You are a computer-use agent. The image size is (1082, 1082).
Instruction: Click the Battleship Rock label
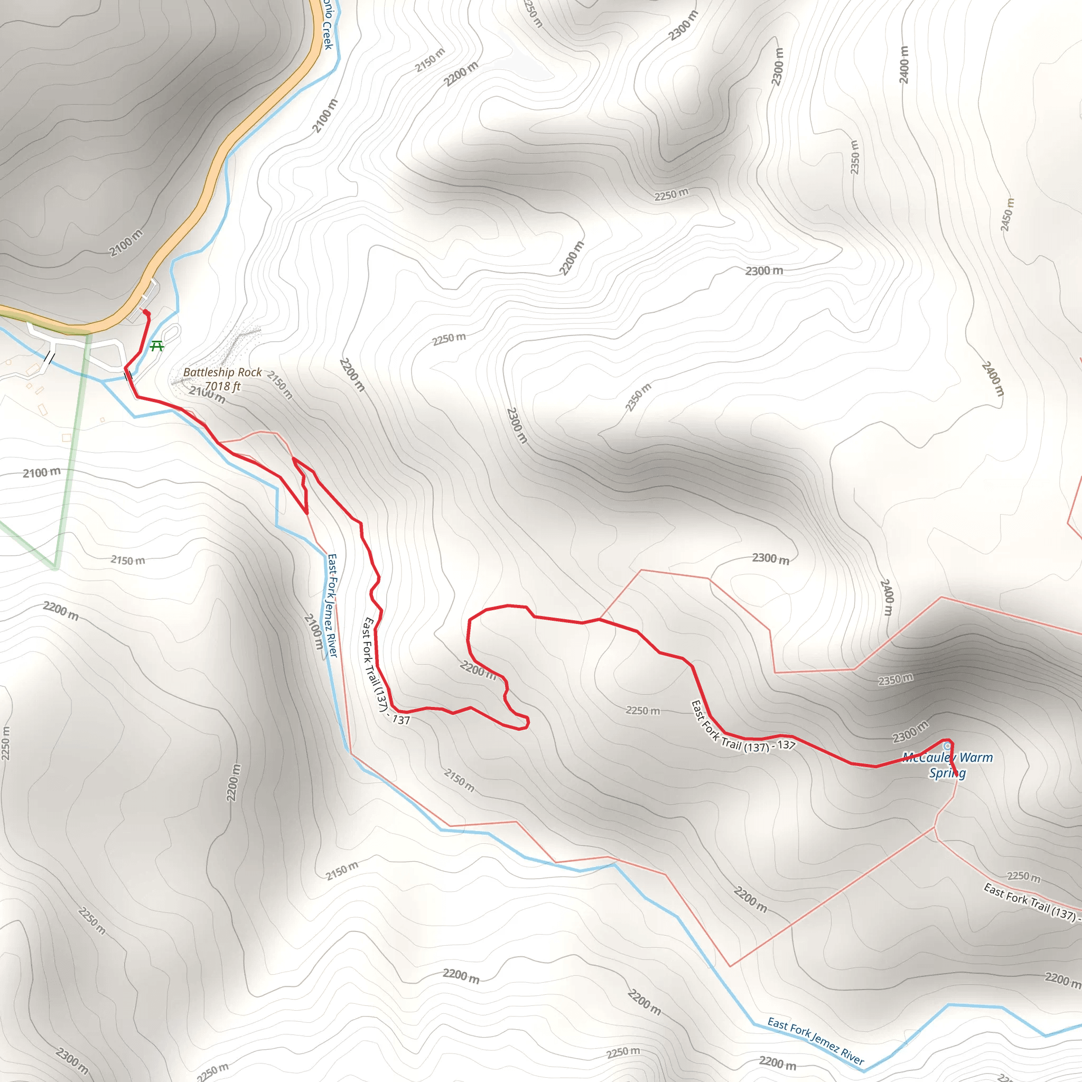tap(222, 372)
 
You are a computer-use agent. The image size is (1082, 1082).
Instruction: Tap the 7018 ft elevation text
tap(222, 386)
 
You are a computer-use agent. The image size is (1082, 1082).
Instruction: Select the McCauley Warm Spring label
tap(948, 765)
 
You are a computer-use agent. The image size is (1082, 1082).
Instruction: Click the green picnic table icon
tap(157, 346)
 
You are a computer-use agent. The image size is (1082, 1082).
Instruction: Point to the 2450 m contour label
tap(1007, 214)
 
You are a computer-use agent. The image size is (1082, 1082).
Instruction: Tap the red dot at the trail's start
tap(146, 312)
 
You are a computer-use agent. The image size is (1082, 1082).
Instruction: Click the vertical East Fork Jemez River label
tap(333, 605)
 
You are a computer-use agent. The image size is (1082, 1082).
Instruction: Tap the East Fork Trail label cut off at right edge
tap(1030, 902)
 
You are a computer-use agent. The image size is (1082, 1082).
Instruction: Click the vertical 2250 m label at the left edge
tap(6, 743)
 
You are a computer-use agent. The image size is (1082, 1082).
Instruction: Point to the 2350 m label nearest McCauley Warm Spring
tap(895, 680)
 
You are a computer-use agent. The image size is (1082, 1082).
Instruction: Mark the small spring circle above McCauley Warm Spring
tap(946, 746)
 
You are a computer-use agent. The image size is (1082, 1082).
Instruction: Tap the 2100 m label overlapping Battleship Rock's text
tap(207, 395)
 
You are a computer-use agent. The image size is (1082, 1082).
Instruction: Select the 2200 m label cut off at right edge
tap(1062, 979)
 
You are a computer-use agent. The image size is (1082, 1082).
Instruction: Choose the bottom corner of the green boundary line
tap(56, 568)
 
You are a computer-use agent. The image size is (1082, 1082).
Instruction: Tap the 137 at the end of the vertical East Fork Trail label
tap(401, 720)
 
